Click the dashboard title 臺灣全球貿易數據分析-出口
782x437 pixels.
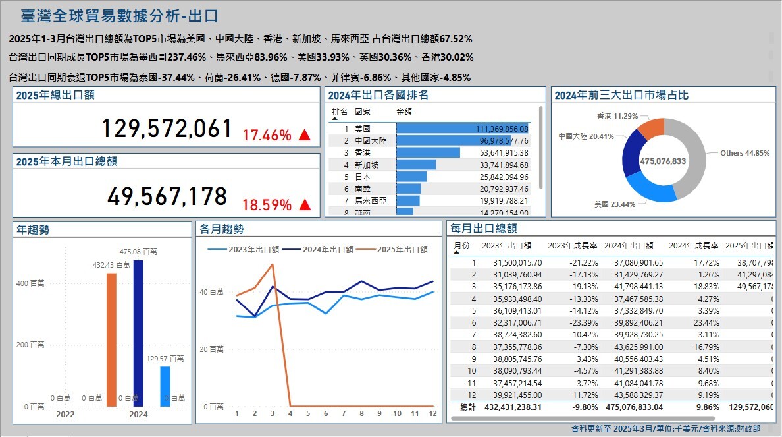pyautogui.click(x=119, y=16)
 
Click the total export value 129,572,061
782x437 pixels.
pyautogui.click(x=167, y=129)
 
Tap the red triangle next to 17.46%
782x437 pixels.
pyautogui.click(x=304, y=136)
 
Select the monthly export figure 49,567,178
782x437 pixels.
pyautogui.click(x=167, y=196)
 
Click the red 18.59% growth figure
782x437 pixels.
pyautogui.click(x=267, y=204)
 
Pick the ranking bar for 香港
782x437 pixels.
pyautogui.click(x=428, y=152)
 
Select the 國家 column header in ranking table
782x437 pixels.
pyautogui.click(x=363, y=112)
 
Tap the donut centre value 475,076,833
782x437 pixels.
pyautogui.click(x=663, y=161)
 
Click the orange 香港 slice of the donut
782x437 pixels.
pyautogui.click(x=651, y=129)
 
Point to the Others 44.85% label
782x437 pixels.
pyautogui.click(x=744, y=153)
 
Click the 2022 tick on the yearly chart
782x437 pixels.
pyautogui.click(x=65, y=415)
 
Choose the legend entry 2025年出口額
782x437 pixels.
pyautogui.click(x=402, y=249)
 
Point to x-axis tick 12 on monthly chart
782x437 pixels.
pyautogui.click(x=432, y=413)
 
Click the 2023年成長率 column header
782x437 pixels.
pyautogui.click(x=572, y=246)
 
